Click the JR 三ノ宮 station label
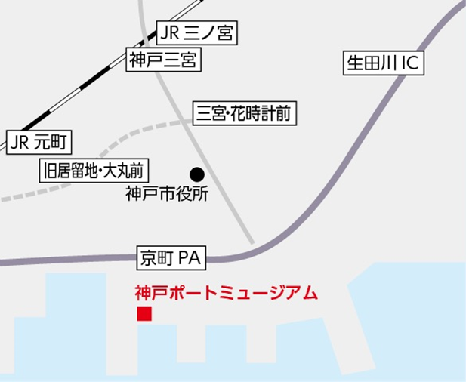(197, 32)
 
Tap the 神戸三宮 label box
(164, 60)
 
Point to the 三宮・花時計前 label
(242, 113)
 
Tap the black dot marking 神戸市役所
(196, 174)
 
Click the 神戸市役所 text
(166, 194)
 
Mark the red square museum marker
(144, 314)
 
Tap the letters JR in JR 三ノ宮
(171, 32)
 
